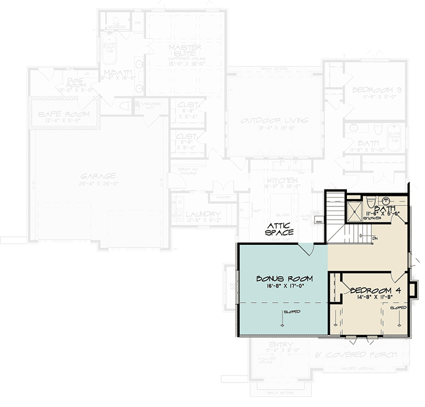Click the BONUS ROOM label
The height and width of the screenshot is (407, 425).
coord(284,279)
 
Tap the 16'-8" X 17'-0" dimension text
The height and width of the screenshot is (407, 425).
coord(284,286)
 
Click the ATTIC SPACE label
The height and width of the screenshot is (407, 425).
coord(280,229)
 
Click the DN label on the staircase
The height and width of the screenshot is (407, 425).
coord(375,238)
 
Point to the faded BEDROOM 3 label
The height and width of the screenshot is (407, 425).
coord(376,90)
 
